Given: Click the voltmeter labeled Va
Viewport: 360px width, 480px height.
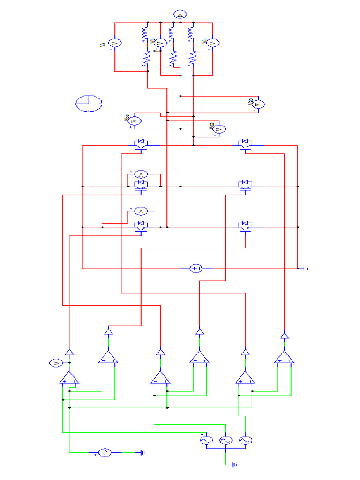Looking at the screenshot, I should coord(115,43).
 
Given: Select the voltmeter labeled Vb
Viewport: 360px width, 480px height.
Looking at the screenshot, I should coord(159,44).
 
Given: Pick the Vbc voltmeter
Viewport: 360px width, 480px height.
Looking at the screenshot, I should coord(134,121).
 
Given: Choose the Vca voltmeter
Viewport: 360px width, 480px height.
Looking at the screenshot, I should coord(219,128).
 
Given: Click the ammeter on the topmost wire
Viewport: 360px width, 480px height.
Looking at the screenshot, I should coord(180,15).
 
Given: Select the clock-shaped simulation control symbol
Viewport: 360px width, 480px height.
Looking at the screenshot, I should coord(89,103).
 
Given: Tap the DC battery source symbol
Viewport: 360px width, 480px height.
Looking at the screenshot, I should coord(196,269).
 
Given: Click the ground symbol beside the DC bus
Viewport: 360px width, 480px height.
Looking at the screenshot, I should coord(305,269).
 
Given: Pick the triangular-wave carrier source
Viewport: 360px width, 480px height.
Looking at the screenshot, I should coord(104,452).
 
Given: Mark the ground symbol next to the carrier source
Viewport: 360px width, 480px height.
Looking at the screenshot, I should coord(142,452).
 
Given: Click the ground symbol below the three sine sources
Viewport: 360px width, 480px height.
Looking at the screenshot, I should coord(233,465).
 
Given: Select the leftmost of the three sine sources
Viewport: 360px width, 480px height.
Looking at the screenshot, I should coord(206,440).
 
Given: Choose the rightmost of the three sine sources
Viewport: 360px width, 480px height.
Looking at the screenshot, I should coord(245,440).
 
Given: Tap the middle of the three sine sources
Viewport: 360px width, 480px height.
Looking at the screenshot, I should coord(225,440).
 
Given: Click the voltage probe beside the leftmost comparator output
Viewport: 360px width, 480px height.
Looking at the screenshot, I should coord(55,363).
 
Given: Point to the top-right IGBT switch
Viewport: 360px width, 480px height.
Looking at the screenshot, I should coord(245,144).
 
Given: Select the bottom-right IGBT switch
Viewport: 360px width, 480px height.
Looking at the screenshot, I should coord(245,226).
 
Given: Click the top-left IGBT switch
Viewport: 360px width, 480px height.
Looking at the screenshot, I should coord(141,144).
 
